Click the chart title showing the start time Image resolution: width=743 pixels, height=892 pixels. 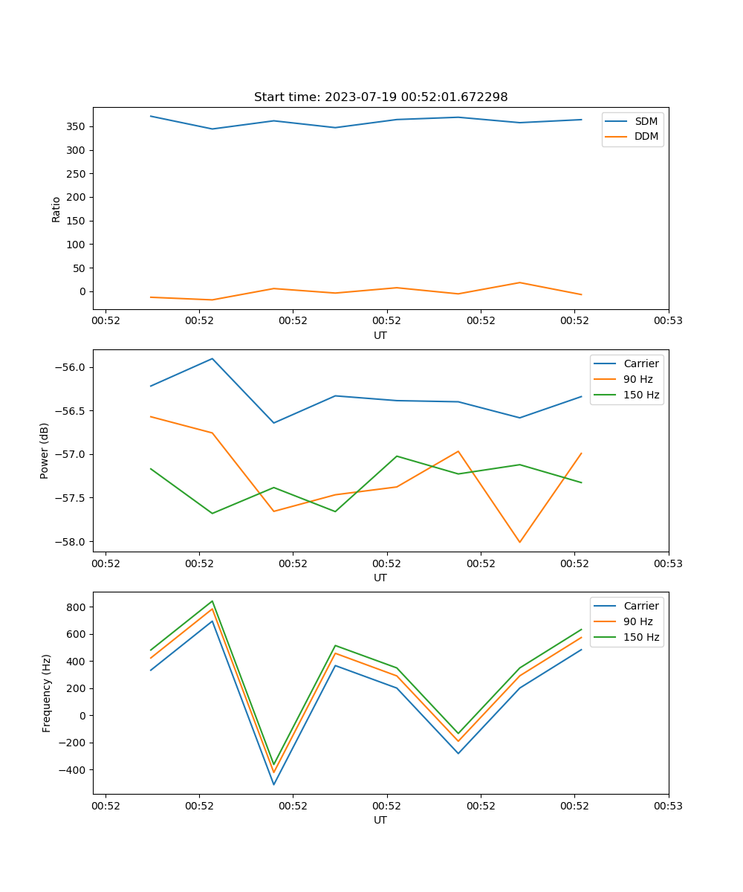point(380,97)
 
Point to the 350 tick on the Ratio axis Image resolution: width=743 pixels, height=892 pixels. point(77,126)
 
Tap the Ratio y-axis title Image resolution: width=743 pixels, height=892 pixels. point(56,209)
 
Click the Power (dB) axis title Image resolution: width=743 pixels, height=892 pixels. point(45,450)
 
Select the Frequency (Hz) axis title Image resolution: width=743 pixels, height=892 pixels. point(47,693)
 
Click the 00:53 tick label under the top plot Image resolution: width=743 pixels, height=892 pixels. point(669,321)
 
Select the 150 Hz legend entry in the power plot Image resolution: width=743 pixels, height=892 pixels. point(641,395)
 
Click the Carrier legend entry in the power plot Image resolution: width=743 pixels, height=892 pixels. point(641,363)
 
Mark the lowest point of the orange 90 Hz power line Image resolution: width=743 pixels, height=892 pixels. point(519,542)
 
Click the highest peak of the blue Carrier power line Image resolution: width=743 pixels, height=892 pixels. point(212,358)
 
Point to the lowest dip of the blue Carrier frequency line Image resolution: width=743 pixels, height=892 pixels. point(273,784)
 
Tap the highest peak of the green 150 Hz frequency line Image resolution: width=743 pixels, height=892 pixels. point(212,601)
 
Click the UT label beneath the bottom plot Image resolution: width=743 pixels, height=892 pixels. point(380,820)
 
